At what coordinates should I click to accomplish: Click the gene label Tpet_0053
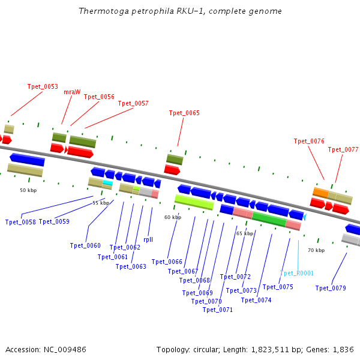pyautogui.click(x=43, y=86)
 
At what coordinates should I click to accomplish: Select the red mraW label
pyautogui.click(x=72, y=92)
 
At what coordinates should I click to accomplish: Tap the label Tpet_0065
pyautogui.click(x=184, y=113)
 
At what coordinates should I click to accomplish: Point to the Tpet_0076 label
pyautogui.click(x=309, y=141)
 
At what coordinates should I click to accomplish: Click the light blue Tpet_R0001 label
pyautogui.click(x=296, y=273)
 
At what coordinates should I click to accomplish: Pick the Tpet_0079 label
pyautogui.click(x=331, y=288)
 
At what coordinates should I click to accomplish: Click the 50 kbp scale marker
pyautogui.click(x=28, y=190)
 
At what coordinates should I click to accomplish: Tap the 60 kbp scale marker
pyautogui.click(x=173, y=217)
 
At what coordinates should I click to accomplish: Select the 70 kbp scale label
pyautogui.click(x=316, y=250)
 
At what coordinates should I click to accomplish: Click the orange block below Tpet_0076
pyautogui.click(x=320, y=192)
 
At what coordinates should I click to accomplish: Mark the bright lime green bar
pyautogui.click(x=194, y=202)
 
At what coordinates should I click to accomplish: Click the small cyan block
pyautogui.click(x=107, y=182)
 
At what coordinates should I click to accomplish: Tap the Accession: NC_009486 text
pyautogui.click(x=46, y=349)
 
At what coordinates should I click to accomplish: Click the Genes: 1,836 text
pyautogui.click(x=334, y=349)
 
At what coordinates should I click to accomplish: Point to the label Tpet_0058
pyautogui.click(x=20, y=222)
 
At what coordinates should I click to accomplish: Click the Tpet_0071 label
pyautogui.click(x=218, y=310)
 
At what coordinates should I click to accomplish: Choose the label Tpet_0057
pyautogui.click(x=133, y=103)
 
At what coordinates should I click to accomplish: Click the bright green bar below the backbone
pyautogui.click(x=269, y=218)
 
